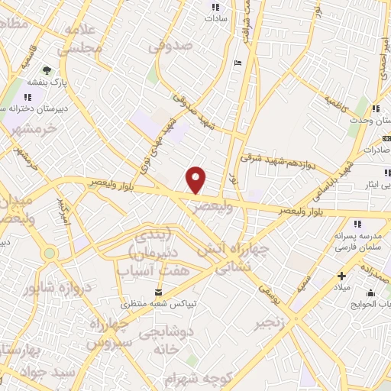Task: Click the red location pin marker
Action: (196, 179)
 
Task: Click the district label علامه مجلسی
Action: (84, 39)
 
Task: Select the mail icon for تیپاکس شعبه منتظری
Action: (159, 292)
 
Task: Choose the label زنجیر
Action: (274, 323)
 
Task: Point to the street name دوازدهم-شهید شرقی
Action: (277, 161)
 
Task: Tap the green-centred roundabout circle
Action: (50, 253)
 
